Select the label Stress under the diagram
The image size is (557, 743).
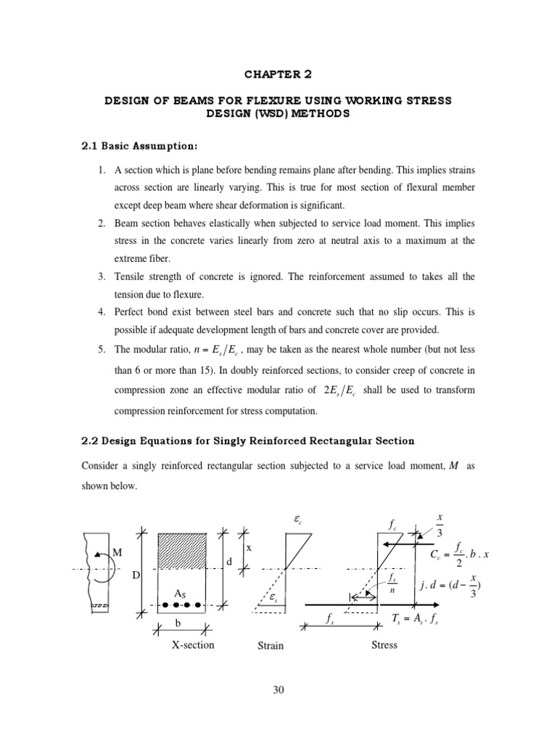pyautogui.click(x=383, y=644)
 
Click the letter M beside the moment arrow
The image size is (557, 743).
pyautogui.click(x=115, y=553)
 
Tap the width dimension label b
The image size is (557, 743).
pyautogui.click(x=177, y=623)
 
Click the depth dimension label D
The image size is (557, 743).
pyautogui.click(x=133, y=575)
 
